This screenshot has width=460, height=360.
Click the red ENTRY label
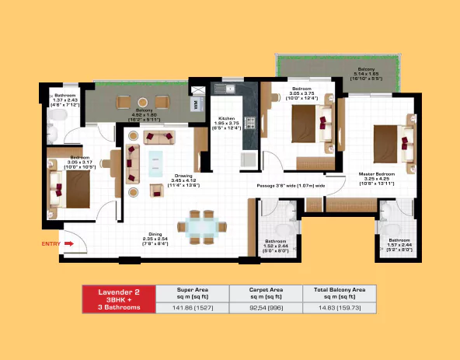51,244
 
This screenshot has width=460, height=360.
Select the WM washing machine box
197,103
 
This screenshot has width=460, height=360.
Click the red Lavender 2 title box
118,299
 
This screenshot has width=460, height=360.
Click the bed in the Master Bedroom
389,143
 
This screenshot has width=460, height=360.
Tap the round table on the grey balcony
142,102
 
